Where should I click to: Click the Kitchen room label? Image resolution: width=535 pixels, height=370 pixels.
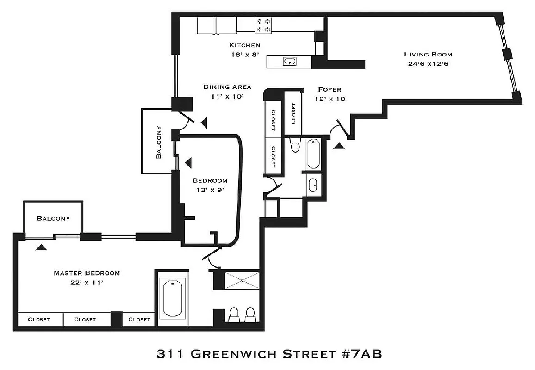(245, 45)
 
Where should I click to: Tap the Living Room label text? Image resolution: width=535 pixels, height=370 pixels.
(428, 54)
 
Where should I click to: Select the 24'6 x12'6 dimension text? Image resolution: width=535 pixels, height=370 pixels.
(428, 63)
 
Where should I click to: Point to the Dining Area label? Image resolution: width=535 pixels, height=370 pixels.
(227, 87)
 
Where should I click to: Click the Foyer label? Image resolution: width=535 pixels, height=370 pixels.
(330, 89)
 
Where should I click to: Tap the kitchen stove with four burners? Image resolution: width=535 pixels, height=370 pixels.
(263, 25)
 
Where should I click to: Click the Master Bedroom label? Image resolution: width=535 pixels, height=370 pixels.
(87, 273)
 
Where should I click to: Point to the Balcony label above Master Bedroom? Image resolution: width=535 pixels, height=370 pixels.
(54, 218)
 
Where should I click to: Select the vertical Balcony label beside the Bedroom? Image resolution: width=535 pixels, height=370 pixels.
(158, 142)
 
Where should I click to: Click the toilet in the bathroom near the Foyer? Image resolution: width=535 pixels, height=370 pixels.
(294, 146)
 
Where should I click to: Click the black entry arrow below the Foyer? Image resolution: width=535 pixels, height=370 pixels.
(339, 146)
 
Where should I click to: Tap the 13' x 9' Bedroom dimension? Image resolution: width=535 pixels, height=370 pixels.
(210, 189)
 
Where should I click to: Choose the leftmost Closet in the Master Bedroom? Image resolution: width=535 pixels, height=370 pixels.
(39, 319)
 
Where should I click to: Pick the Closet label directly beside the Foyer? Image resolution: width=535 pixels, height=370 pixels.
(293, 113)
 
